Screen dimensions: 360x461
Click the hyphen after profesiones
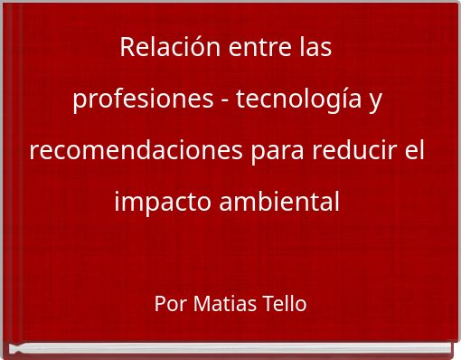223,100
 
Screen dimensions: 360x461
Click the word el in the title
414,150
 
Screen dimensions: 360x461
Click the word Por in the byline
170,304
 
